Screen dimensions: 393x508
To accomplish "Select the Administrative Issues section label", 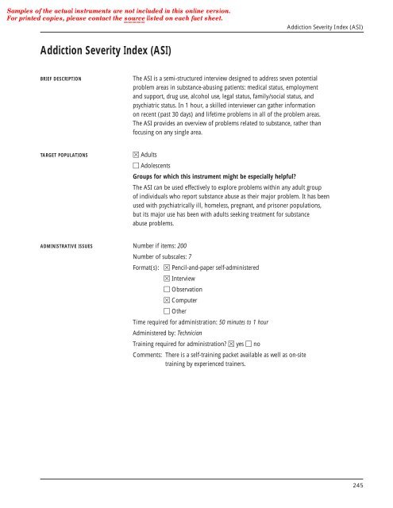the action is tap(67, 247).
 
